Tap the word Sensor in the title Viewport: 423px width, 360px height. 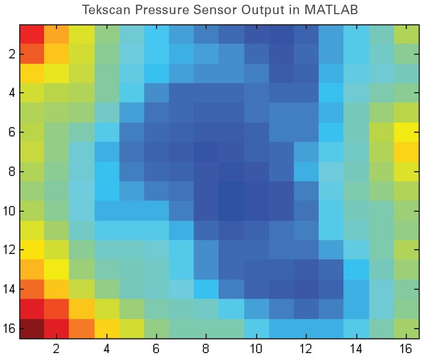[210, 9]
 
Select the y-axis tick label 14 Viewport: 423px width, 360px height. [9, 289]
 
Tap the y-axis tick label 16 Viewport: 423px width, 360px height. [9, 329]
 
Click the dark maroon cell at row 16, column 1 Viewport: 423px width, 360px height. [32, 329]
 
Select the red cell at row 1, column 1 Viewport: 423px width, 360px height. [32, 34]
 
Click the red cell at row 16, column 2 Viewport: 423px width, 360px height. [57, 329]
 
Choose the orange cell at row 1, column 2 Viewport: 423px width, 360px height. [57, 34]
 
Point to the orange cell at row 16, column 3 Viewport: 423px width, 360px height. [82, 329]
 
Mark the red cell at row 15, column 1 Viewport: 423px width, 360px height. [32, 309]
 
